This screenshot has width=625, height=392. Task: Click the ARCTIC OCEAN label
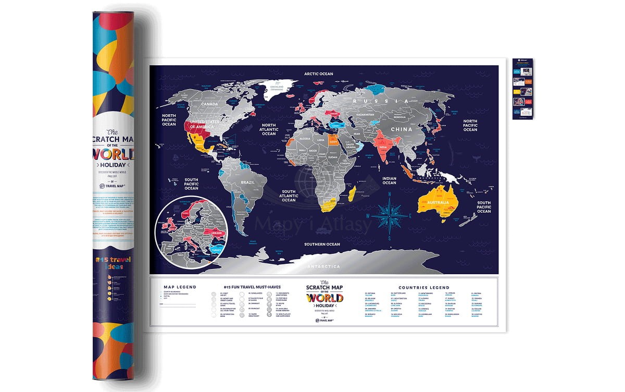[x=319, y=74]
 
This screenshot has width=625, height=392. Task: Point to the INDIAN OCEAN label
[x=389, y=180]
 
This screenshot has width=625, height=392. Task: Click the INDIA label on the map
[x=383, y=148]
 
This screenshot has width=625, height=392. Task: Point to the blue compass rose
[x=389, y=214]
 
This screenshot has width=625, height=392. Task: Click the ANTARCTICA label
[x=323, y=266]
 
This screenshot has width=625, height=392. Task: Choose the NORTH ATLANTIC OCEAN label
[x=269, y=130]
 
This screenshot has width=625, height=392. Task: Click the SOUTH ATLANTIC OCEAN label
[x=289, y=195]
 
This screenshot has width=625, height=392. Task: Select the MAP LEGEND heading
[x=180, y=287]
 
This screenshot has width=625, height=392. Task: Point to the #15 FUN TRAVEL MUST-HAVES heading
[x=249, y=287]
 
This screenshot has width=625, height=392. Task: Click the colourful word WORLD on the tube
[x=114, y=154]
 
